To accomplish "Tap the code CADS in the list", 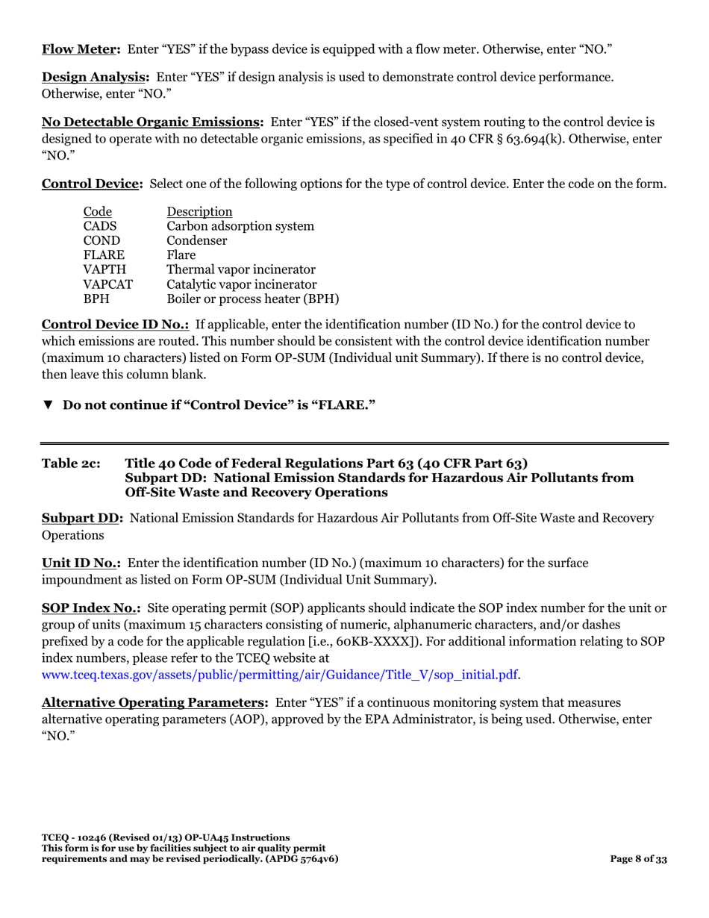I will [99, 225].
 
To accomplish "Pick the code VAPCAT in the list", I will [107, 284].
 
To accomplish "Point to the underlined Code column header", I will [97, 211].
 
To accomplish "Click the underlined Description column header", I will [199, 211].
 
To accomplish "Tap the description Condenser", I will [197, 240].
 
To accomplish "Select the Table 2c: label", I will [69, 463].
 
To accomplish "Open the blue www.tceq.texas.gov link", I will [280, 674].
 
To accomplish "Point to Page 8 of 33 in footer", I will [638, 859].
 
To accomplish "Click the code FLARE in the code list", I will [103, 255].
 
